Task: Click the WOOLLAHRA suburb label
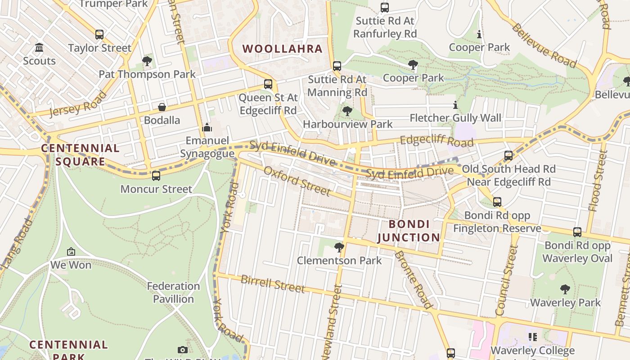[283, 49]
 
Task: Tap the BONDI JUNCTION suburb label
[408, 231]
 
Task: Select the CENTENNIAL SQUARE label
[80, 155]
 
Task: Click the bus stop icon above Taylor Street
[99, 35]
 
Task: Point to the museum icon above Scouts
[39, 48]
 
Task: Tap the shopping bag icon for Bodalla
[162, 107]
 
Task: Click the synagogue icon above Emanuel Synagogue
[207, 128]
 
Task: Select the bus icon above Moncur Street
[156, 176]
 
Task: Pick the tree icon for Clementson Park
[339, 247]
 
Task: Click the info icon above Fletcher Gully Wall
[455, 105]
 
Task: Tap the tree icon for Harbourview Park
[347, 111]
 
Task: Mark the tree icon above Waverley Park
[565, 289]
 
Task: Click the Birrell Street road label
[273, 283]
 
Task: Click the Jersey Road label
[78, 104]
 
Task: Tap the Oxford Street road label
[297, 181]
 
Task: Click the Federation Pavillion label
[173, 292]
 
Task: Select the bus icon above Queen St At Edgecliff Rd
[268, 84]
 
